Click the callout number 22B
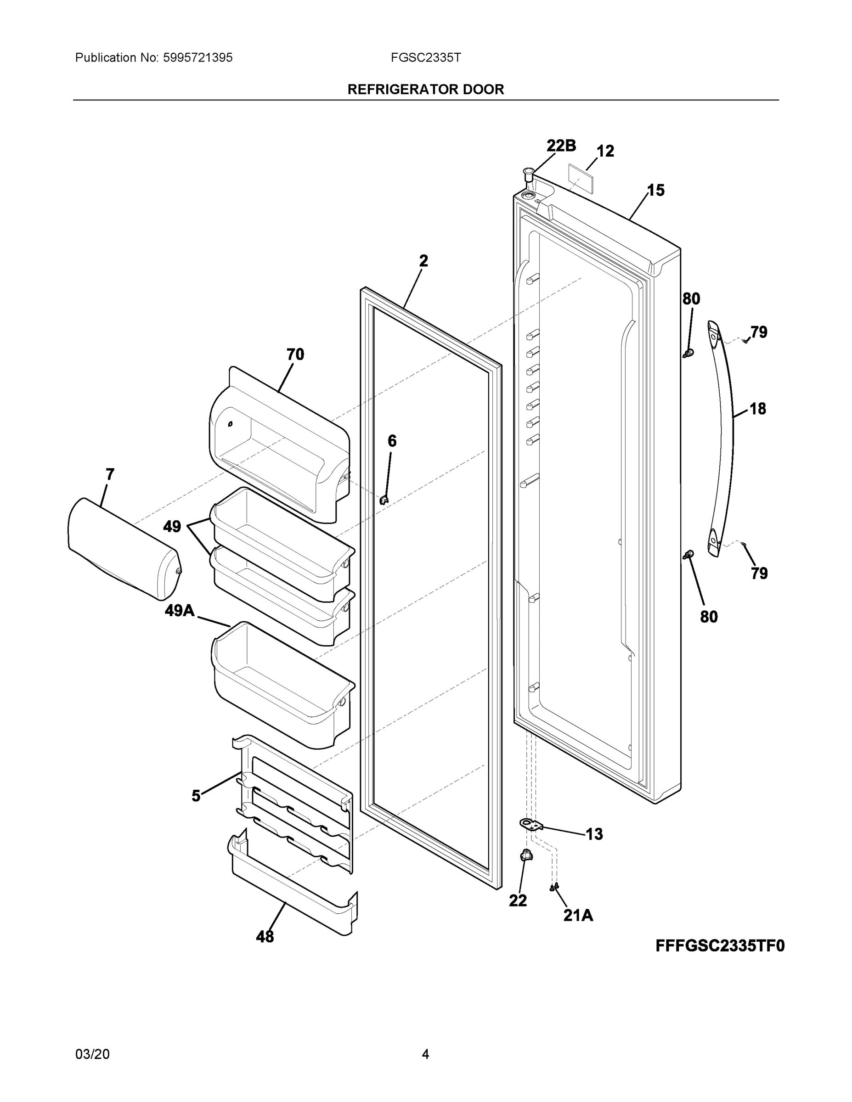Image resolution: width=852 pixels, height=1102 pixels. click(x=561, y=146)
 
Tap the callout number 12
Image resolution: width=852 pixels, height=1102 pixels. click(x=605, y=151)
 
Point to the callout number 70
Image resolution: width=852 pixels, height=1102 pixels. click(x=295, y=355)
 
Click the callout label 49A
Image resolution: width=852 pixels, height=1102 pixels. click(x=179, y=611)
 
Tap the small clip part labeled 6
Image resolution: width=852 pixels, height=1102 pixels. click(x=384, y=500)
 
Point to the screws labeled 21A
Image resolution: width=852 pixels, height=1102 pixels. click(x=554, y=887)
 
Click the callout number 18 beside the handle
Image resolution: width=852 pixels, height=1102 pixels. click(x=757, y=409)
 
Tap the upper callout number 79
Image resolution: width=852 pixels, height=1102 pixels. click(x=759, y=332)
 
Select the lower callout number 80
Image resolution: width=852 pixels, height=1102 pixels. click(x=709, y=617)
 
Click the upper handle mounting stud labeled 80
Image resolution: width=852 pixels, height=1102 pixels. click(x=688, y=352)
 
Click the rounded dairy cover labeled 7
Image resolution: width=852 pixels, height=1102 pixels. click(x=124, y=549)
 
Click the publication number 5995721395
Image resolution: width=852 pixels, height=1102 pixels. click(x=197, y=58)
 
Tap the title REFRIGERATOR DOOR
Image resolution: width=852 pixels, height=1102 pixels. click(x=425, y=90)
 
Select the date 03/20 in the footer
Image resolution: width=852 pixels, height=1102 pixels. click(x=92, y=1054)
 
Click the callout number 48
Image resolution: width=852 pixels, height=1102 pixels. click(x=265, y=937)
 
